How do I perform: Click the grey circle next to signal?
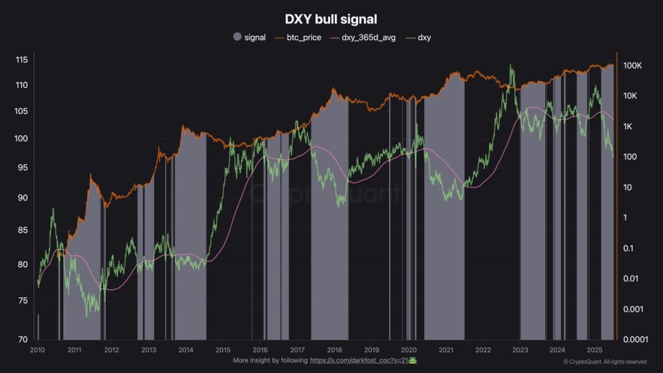pos(237,37)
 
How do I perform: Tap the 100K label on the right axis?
pos(633,66)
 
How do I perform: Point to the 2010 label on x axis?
pos(37,350)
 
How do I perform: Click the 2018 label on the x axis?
pos(334,350)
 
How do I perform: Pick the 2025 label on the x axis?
pos(594,350)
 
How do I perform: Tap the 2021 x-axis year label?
pos(446,350)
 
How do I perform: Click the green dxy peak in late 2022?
pos(511,66)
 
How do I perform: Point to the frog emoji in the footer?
pos(412,361)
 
